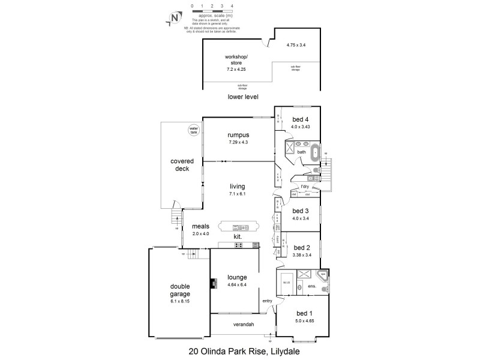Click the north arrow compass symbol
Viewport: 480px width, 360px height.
coord(173,17)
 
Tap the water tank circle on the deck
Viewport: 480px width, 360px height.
coord(193,130)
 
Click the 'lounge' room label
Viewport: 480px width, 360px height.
coord(238,277)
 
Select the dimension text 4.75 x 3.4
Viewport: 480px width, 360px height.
coord(296,45)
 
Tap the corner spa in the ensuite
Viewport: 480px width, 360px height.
coord(322,276)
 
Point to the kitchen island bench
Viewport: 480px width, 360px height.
coord(239,227)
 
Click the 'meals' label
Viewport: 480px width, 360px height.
coord(200,226)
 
